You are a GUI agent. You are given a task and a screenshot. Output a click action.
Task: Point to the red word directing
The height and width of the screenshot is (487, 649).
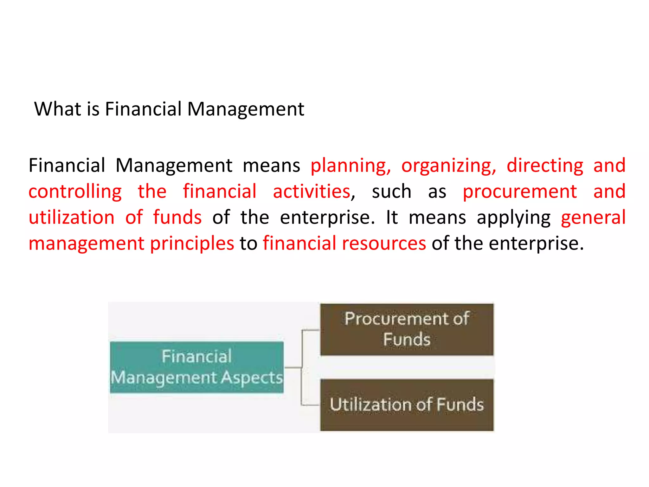point(545,165)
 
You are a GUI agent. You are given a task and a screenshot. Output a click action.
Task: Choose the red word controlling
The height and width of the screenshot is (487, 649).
point(75,192)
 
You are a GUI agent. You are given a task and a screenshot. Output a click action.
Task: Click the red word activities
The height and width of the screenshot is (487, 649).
point(312,191)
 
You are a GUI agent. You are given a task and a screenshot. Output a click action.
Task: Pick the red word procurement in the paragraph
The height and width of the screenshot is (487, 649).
point(520,192)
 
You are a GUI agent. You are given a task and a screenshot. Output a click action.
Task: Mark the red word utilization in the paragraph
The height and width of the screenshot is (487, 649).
point(72,218)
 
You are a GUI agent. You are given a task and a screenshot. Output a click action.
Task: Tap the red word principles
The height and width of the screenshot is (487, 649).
point(192,244)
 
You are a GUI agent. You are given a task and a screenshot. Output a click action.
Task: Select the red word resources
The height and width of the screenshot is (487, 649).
point(384,243)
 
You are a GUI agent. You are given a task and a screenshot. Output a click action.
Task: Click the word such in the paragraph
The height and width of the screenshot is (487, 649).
point(392,192)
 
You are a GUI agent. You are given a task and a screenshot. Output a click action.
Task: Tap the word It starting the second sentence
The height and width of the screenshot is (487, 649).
point(392,218)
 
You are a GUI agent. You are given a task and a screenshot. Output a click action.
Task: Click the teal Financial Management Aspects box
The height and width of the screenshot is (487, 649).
point(197,367)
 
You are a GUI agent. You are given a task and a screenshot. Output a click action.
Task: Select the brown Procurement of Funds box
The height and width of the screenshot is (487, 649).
point(407,329)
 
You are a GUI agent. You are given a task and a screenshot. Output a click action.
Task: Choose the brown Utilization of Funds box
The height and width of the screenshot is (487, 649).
point(407,405)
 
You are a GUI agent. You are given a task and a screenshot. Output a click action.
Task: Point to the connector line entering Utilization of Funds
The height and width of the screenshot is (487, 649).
point(311,405)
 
